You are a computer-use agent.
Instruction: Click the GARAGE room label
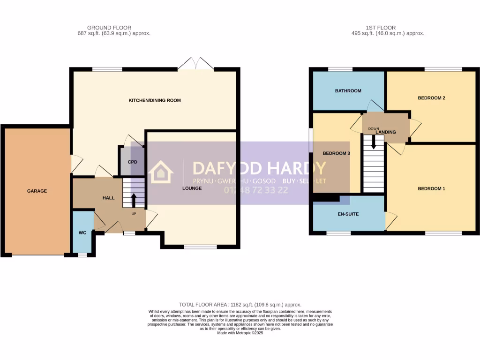[37, 191]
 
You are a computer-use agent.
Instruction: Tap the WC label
[82, 232]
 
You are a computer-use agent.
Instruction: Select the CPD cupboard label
[133, 162]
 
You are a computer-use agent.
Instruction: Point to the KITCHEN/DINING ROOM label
[155, 100]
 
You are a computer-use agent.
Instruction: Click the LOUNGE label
[192, 188]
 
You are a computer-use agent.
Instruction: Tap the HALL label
[108, 198]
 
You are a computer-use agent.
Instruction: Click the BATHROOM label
[348, 91]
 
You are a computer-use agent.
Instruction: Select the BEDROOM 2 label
[431, 98]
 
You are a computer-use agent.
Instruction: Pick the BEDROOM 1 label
[431, 188]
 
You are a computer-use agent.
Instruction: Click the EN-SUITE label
[348, 214]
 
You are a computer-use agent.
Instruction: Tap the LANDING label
[386, 132]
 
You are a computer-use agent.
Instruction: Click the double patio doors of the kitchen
[196, 64]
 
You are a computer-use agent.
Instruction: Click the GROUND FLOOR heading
[109, 28]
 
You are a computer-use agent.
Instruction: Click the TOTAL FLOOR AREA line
[240, 305]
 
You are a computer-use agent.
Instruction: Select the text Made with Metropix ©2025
[240, 333]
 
